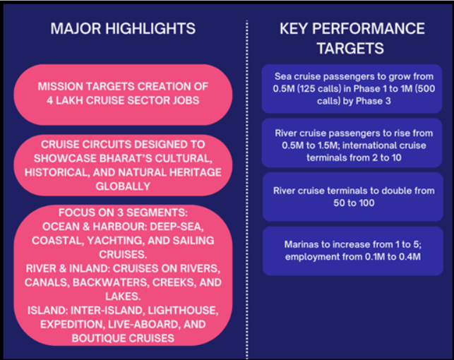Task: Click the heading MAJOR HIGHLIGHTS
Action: click(x=124, y=29)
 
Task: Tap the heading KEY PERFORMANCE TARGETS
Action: click(x=352, y=38)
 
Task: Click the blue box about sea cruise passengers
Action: click(x=352, y=88)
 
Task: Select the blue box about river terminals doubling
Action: click(x=352, y=197)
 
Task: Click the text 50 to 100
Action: click(x=352, y=203)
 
